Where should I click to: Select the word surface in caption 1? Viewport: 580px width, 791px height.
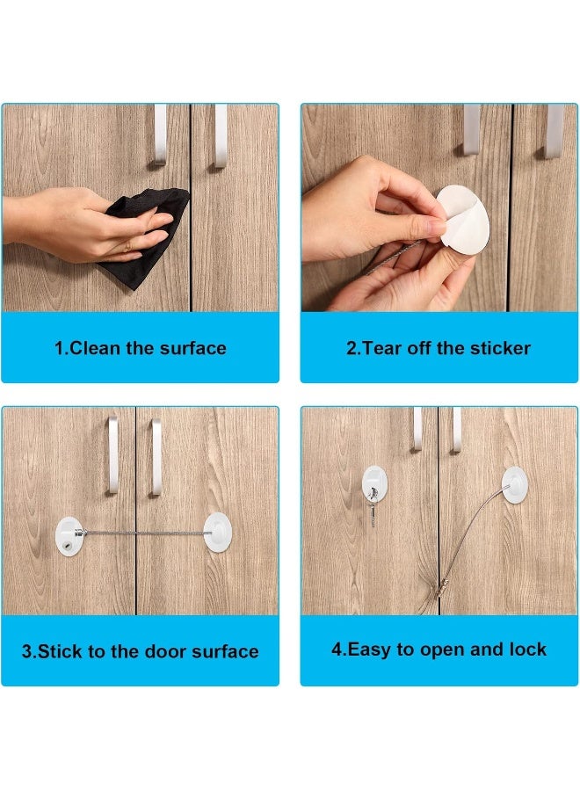coord(192,348)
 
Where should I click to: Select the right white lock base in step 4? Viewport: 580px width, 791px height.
coord(515,484)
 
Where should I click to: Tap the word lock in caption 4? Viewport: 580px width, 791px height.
coord(527,650)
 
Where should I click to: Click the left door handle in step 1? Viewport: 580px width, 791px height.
coord(159,134)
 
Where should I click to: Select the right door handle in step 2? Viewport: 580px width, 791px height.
coord(554,129)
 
